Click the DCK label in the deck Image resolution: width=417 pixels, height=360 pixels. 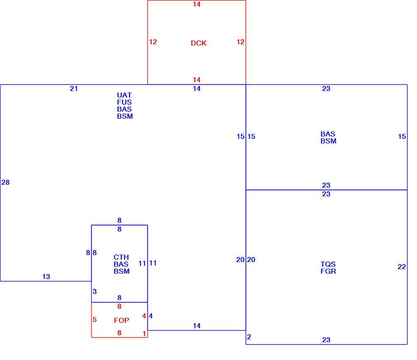(199, 43)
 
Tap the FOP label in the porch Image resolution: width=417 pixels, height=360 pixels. (121, 320)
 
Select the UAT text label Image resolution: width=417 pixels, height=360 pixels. (124, 95)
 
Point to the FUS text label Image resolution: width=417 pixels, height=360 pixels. (124, 102)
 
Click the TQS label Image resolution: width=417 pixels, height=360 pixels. (328, 264)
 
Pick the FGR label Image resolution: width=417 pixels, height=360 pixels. (328, 271)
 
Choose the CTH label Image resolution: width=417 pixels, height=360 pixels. (121, 257)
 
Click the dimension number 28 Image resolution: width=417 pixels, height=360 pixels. (6, 182)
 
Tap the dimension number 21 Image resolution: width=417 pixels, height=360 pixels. (73, 89)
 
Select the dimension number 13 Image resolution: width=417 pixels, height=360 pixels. (46, 277)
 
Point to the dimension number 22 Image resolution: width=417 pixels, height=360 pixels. (402, 267)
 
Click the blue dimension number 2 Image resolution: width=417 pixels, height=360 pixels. (249, 337)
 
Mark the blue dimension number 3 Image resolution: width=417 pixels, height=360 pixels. (95, 291)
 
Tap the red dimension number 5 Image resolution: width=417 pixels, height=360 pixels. (95, 319)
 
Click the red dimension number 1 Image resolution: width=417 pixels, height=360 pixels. (144, 334)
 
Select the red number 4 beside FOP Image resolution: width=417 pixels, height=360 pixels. (144, 316)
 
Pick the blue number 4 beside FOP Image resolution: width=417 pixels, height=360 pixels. (151, 316)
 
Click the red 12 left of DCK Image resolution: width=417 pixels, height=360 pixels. (153, 42)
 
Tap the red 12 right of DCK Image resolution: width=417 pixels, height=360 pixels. (240, 42)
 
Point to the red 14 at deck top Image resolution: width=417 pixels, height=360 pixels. (197, 4)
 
